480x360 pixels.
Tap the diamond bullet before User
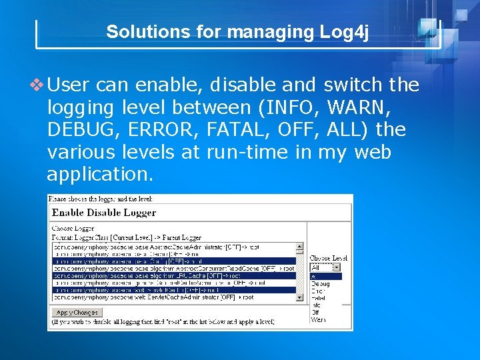point(38,85)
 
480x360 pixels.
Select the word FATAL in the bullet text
point(237,129)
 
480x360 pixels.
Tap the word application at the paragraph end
point(99,175)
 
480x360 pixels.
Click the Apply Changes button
point(77,312)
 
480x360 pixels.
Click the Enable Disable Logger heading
point(104,213)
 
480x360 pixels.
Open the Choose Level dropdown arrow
point(337,267)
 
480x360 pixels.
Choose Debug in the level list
point(320,283)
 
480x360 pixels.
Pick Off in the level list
point(316,313)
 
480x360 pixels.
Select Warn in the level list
point(318,320)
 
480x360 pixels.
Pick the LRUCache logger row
point(150,275)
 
